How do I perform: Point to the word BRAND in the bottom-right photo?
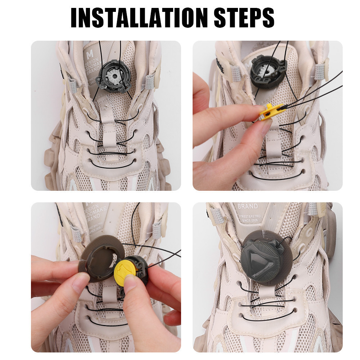click(248, 207)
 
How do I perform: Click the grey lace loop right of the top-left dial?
click(149, 82)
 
